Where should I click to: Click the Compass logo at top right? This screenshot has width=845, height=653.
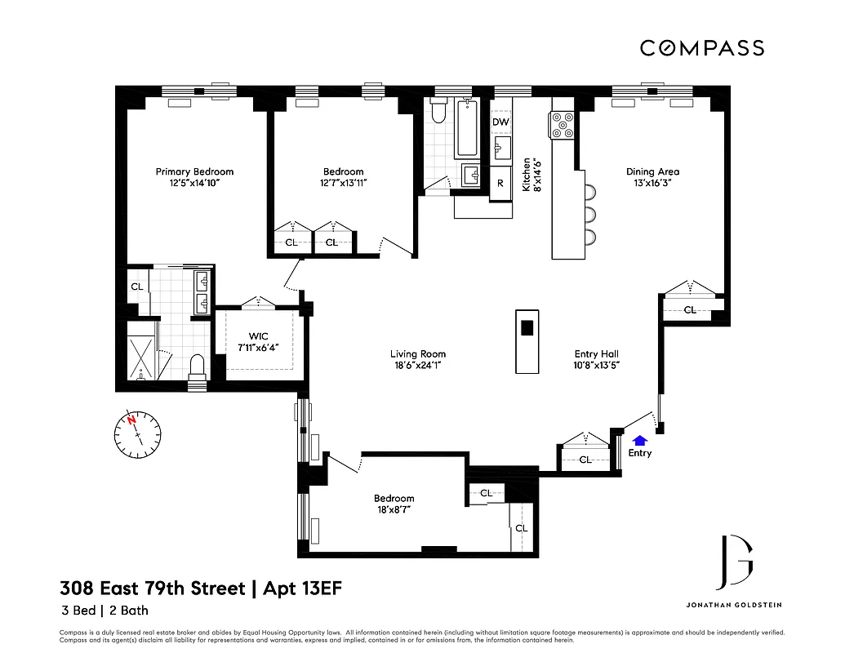point(701,48)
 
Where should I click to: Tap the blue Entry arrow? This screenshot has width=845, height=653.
point(639,441)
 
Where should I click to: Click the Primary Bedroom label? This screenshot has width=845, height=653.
point(194,171)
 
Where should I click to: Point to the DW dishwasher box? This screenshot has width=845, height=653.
point(500,122)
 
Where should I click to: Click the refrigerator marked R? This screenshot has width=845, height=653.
point(500,183)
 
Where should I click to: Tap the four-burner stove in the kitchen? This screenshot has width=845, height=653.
point(563,126)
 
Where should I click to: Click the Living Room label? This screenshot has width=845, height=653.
point(417,354)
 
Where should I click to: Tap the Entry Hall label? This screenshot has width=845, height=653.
point(597,353)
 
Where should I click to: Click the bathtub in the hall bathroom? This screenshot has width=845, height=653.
point(467,128)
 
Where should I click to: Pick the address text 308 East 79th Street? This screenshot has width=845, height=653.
point(152,589)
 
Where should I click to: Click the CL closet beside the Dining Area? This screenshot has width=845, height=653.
point(690,309)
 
